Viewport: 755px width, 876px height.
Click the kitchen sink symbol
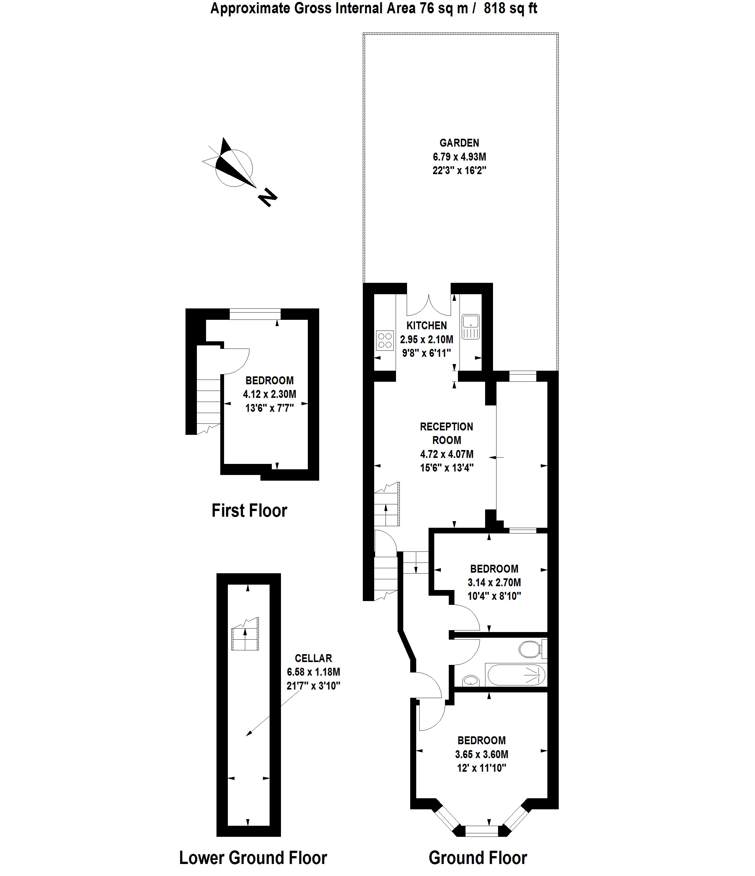click(471, 326)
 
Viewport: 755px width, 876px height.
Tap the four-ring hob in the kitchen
click(385, 341)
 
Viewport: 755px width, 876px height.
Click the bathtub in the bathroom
click(516, 675)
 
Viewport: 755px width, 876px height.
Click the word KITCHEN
click(427, 325)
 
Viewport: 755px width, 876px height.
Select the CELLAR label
click(313, 658)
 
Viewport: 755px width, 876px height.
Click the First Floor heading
click(249, 510)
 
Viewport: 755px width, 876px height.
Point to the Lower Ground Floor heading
click(253, 858)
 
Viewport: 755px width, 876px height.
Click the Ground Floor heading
click(478, 858)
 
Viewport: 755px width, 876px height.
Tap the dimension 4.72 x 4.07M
click(447, 454)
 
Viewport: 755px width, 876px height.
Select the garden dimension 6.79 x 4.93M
click(459, 157)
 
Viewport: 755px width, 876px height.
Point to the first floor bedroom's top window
click(255, 314)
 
